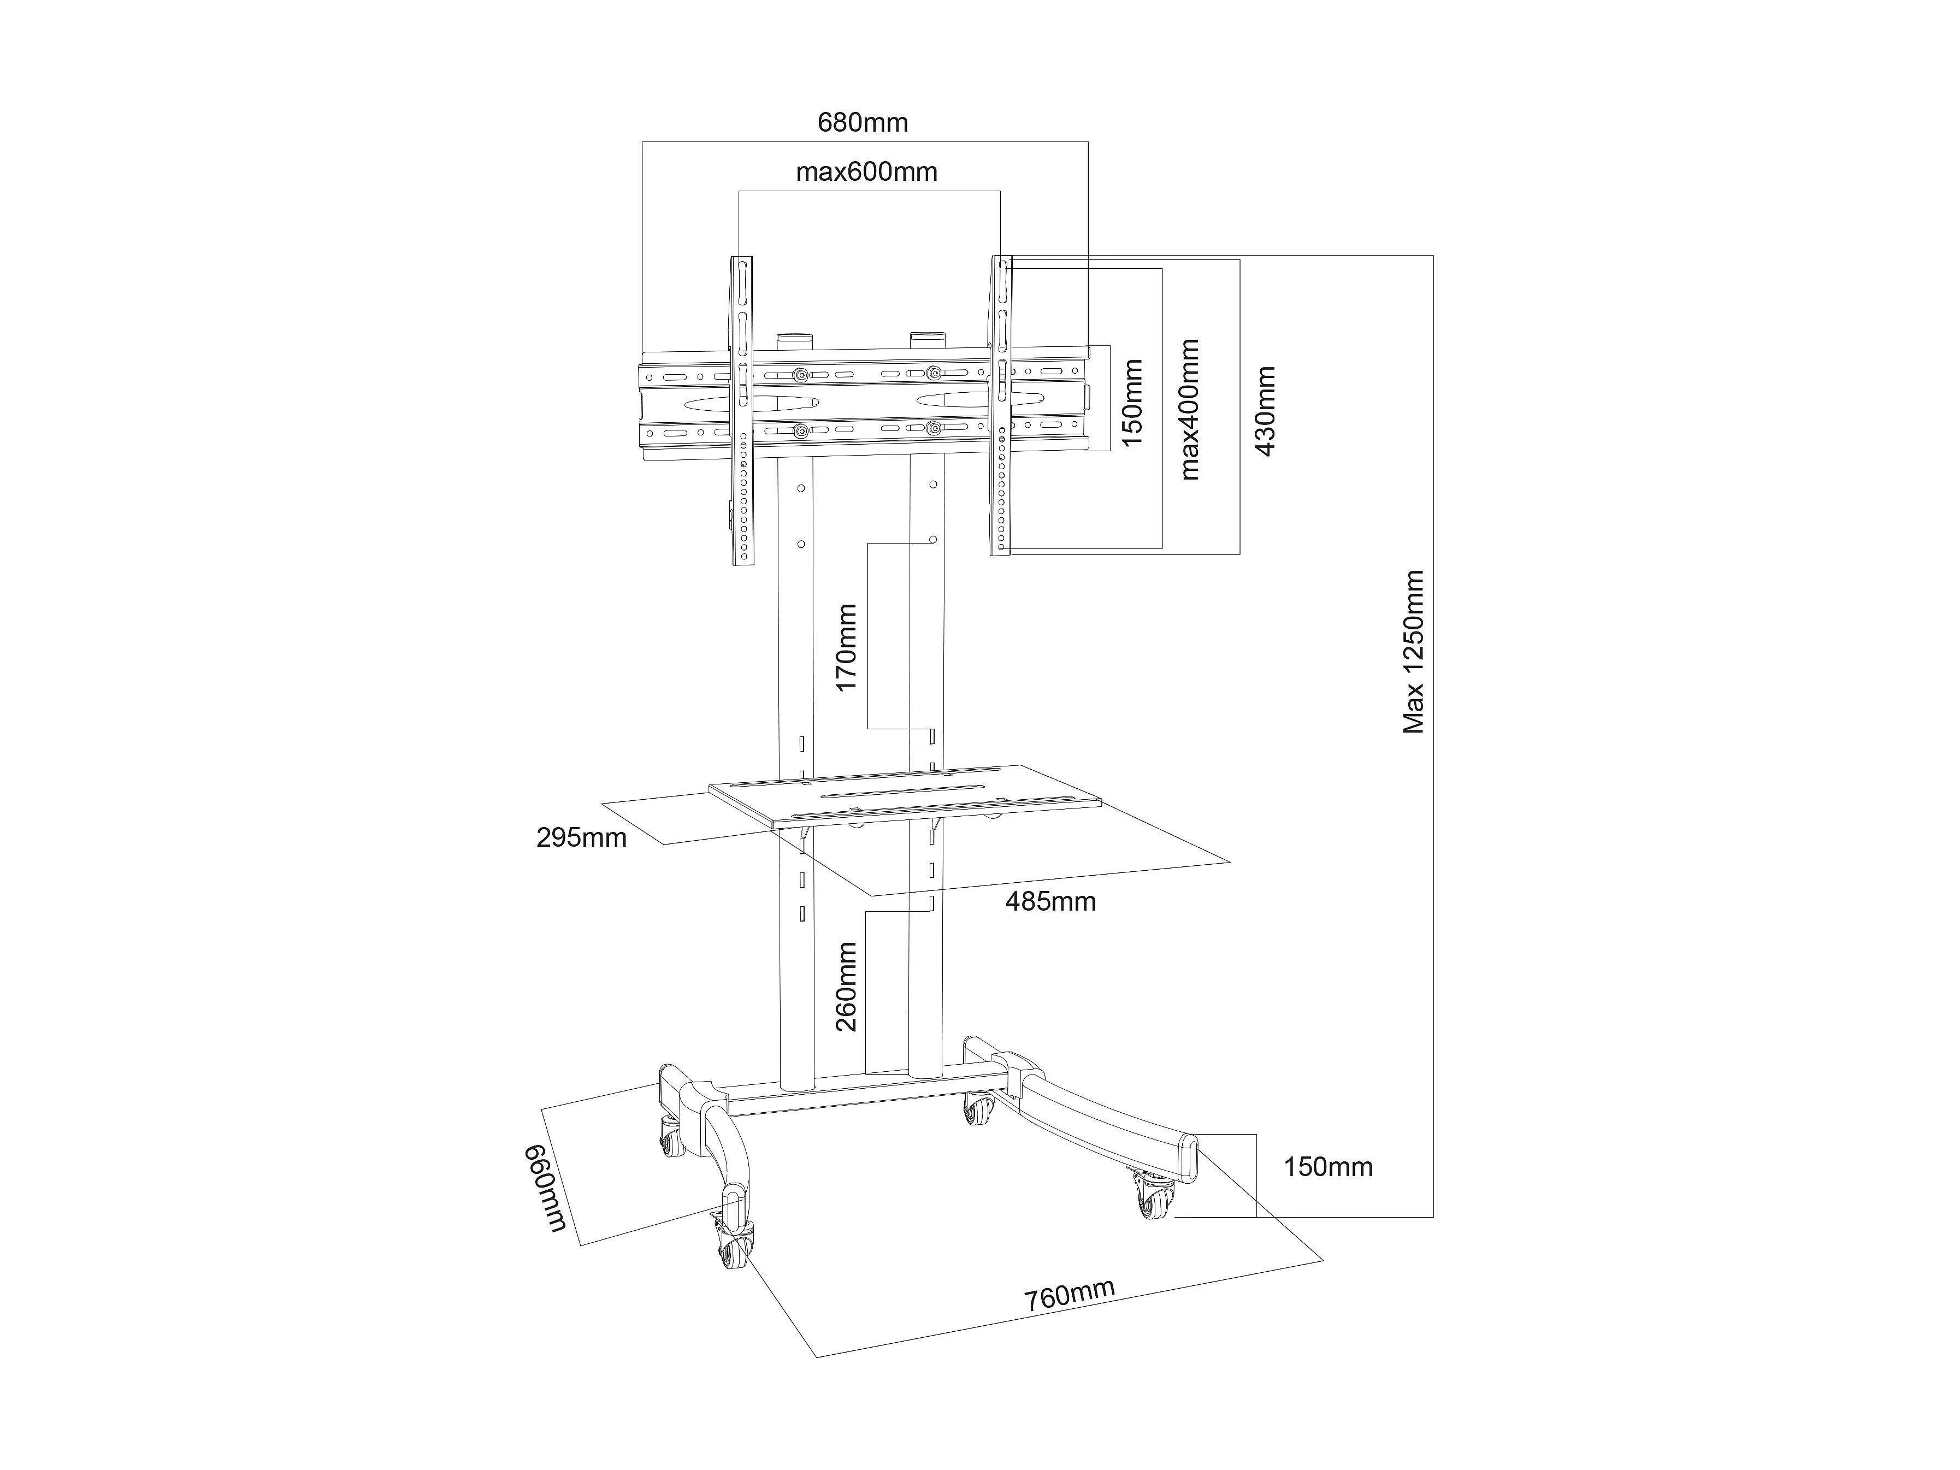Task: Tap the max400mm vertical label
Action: [1189, 409]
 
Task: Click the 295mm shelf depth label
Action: [581, 837]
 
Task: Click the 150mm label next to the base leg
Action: [1327, 1167]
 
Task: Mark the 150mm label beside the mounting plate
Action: [1131, 402]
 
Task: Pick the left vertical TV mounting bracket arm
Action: [742, 410]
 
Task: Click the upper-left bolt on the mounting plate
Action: [801, 375]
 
